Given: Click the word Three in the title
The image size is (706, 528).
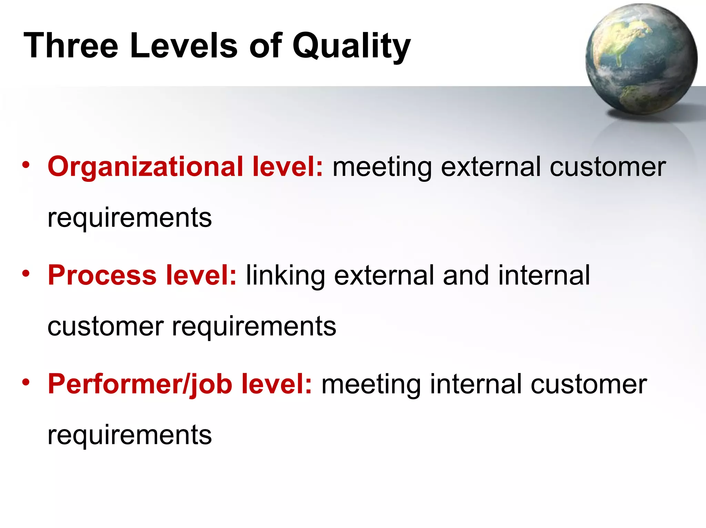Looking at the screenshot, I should tap(71, 46).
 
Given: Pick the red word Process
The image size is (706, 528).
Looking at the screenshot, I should tap(102, 276).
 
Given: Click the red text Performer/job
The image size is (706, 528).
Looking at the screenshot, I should tap(140, 384).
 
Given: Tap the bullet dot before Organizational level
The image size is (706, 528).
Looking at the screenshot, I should tap(26, 165).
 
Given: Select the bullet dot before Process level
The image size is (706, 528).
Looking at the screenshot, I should tap(26, 273).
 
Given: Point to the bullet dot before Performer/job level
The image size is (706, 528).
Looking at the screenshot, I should tap(26, 382).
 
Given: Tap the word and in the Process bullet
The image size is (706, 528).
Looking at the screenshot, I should tap(466, 276).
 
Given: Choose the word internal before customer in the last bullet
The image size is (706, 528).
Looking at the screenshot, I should tap(476, 384).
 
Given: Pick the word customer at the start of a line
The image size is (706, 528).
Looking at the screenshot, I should tap(105, 327).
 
